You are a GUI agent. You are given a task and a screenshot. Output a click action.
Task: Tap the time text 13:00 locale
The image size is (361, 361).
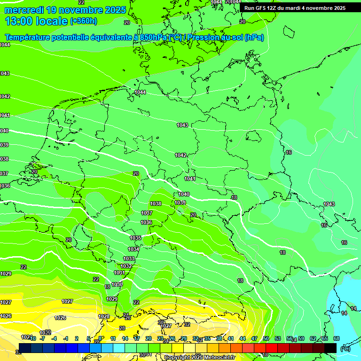[36, 21]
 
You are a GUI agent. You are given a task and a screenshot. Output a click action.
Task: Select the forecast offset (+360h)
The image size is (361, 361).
[84, 21]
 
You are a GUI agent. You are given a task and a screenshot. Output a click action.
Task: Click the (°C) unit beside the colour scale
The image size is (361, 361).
[345, 349]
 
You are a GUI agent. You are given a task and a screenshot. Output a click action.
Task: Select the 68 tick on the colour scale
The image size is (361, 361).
[336, 338]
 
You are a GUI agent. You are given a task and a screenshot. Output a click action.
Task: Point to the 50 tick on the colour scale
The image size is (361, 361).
[266, 338]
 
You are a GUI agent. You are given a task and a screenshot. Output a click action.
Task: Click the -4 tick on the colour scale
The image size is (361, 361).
[54, 338]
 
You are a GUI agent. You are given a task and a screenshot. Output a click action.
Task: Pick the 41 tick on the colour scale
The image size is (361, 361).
[231, 338]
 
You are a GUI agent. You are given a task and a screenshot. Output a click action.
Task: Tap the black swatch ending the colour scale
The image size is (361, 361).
[330, 348]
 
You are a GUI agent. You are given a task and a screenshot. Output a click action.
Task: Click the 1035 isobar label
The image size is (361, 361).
[135, 238]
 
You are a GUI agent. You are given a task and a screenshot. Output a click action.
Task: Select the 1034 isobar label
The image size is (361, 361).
[133, 249]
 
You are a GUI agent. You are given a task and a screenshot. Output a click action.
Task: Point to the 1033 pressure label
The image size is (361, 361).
[129, 259]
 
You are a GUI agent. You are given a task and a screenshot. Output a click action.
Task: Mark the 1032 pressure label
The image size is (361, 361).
[126, 266]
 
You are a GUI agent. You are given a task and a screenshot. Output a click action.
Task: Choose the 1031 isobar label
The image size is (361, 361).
[119, 273]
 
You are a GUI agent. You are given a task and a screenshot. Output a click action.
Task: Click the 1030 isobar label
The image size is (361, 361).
[117, 284]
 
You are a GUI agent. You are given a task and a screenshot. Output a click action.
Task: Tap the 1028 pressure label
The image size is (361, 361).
[104, 316]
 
